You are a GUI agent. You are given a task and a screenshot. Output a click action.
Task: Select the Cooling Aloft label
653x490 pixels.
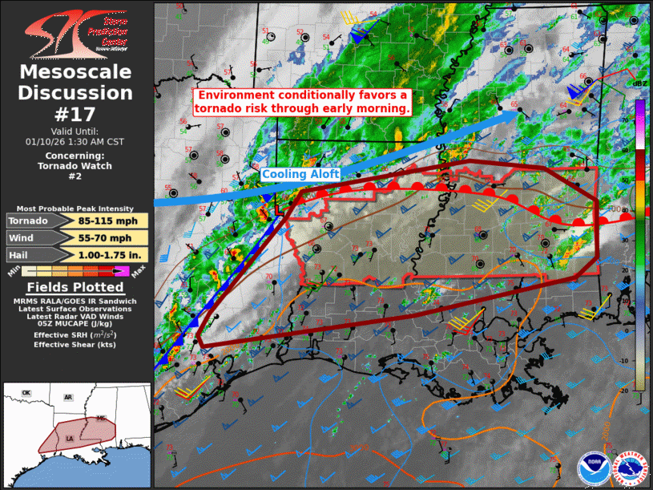(x=300, y=174)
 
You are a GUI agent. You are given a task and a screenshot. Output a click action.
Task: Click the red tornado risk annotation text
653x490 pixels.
(x=303, y=102)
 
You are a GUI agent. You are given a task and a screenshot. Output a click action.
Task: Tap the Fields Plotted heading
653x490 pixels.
(x=75, y=287)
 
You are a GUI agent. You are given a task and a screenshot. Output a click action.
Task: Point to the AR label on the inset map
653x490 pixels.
(x=69, y=398)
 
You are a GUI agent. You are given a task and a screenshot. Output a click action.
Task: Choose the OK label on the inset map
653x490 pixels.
(x=26, y=392)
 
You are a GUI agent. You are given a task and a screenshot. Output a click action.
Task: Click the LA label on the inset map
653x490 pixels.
(x=71, y=439)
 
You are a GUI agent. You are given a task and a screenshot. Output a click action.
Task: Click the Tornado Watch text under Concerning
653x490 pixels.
(x=75, y=166)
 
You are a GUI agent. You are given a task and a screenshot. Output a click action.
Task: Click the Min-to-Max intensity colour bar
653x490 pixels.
(x=75, y=272)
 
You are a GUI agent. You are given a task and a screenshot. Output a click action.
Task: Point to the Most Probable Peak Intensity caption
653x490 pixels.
(x=75, y=208)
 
